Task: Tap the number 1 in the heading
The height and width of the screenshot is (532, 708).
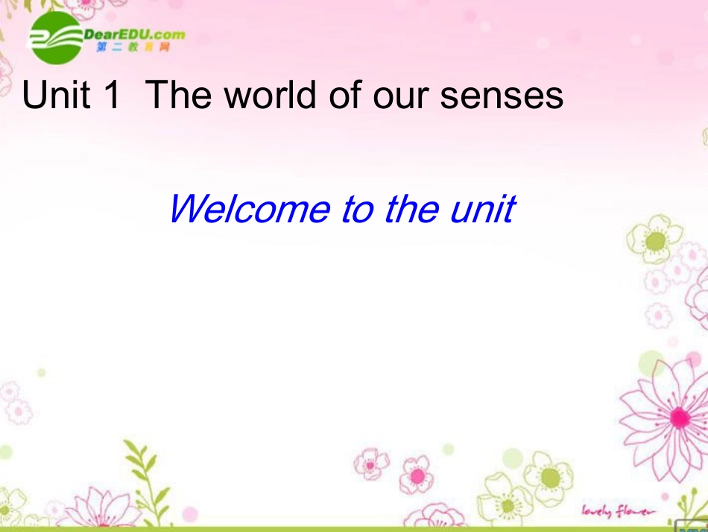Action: (x=112, y=96)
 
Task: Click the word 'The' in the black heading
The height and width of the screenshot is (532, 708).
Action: (x=180, y=96)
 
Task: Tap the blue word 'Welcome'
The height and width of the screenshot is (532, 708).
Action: (x=250, y=209)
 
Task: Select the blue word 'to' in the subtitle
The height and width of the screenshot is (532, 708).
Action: (x=357, y=210)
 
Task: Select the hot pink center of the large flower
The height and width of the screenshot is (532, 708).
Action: (x=678, y=417)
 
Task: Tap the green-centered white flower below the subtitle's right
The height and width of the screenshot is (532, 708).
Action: (x=655, y=240)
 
